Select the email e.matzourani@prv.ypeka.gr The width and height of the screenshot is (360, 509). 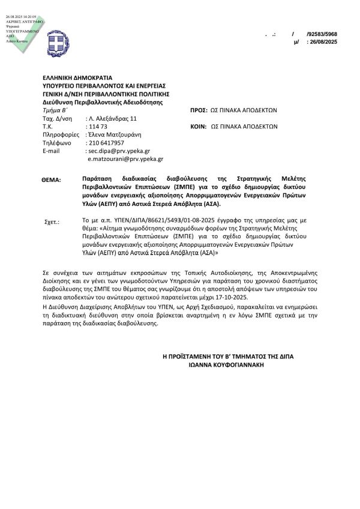(125, 159)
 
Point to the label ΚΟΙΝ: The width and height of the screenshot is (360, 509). (198, 127)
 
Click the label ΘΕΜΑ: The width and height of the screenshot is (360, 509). (52, 179)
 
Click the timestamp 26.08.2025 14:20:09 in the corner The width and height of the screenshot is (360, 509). (22, 7)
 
